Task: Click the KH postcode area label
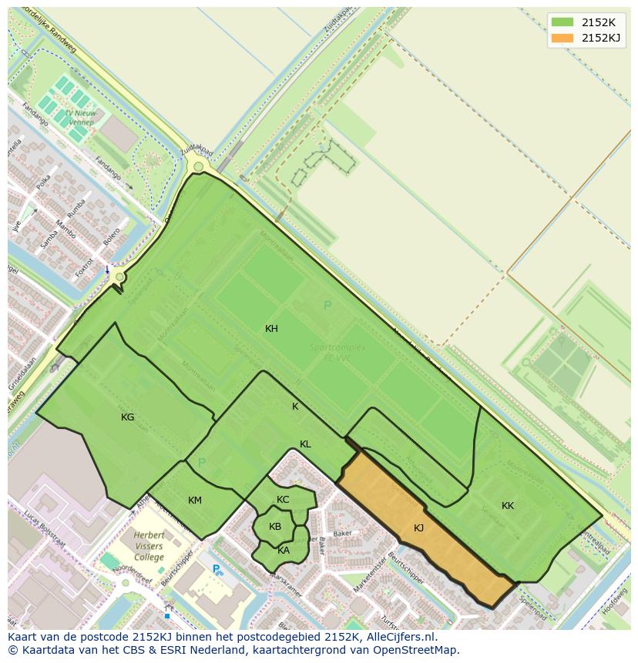(271, 329)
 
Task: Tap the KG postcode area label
(127, 417)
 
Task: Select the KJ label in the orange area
(418, 528)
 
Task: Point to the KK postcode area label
(508, 506)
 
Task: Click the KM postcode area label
(195, 501)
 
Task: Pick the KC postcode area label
(283, 500)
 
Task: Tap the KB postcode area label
(275, 527)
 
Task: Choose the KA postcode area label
(284, 550)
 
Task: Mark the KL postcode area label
(305, 444)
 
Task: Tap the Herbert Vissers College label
(149, 546)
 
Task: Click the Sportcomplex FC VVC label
(337, 352)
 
